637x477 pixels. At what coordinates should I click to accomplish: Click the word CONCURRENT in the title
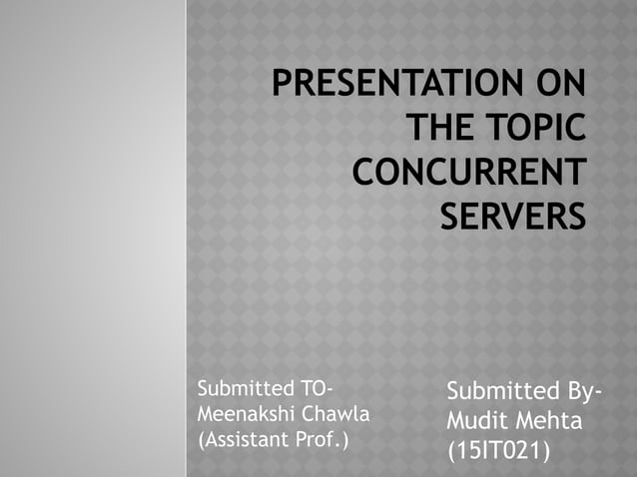pos(468,172)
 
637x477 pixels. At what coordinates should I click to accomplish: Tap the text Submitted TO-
pos(267,388)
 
